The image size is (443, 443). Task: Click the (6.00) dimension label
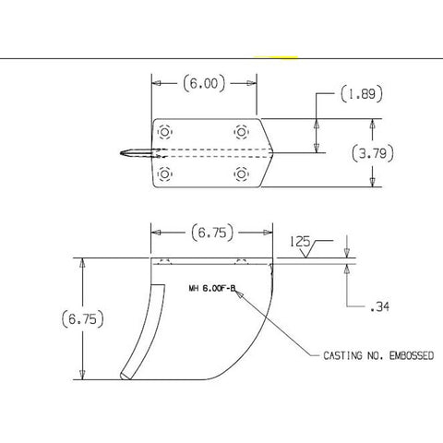204,84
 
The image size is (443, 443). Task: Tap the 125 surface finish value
298,242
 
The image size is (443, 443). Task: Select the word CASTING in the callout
343,354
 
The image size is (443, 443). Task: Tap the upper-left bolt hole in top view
165,130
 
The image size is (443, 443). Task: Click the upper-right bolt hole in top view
242,130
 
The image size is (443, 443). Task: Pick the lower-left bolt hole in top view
165,174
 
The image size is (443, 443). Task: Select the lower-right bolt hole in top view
242,174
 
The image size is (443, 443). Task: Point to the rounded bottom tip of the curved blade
125,375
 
